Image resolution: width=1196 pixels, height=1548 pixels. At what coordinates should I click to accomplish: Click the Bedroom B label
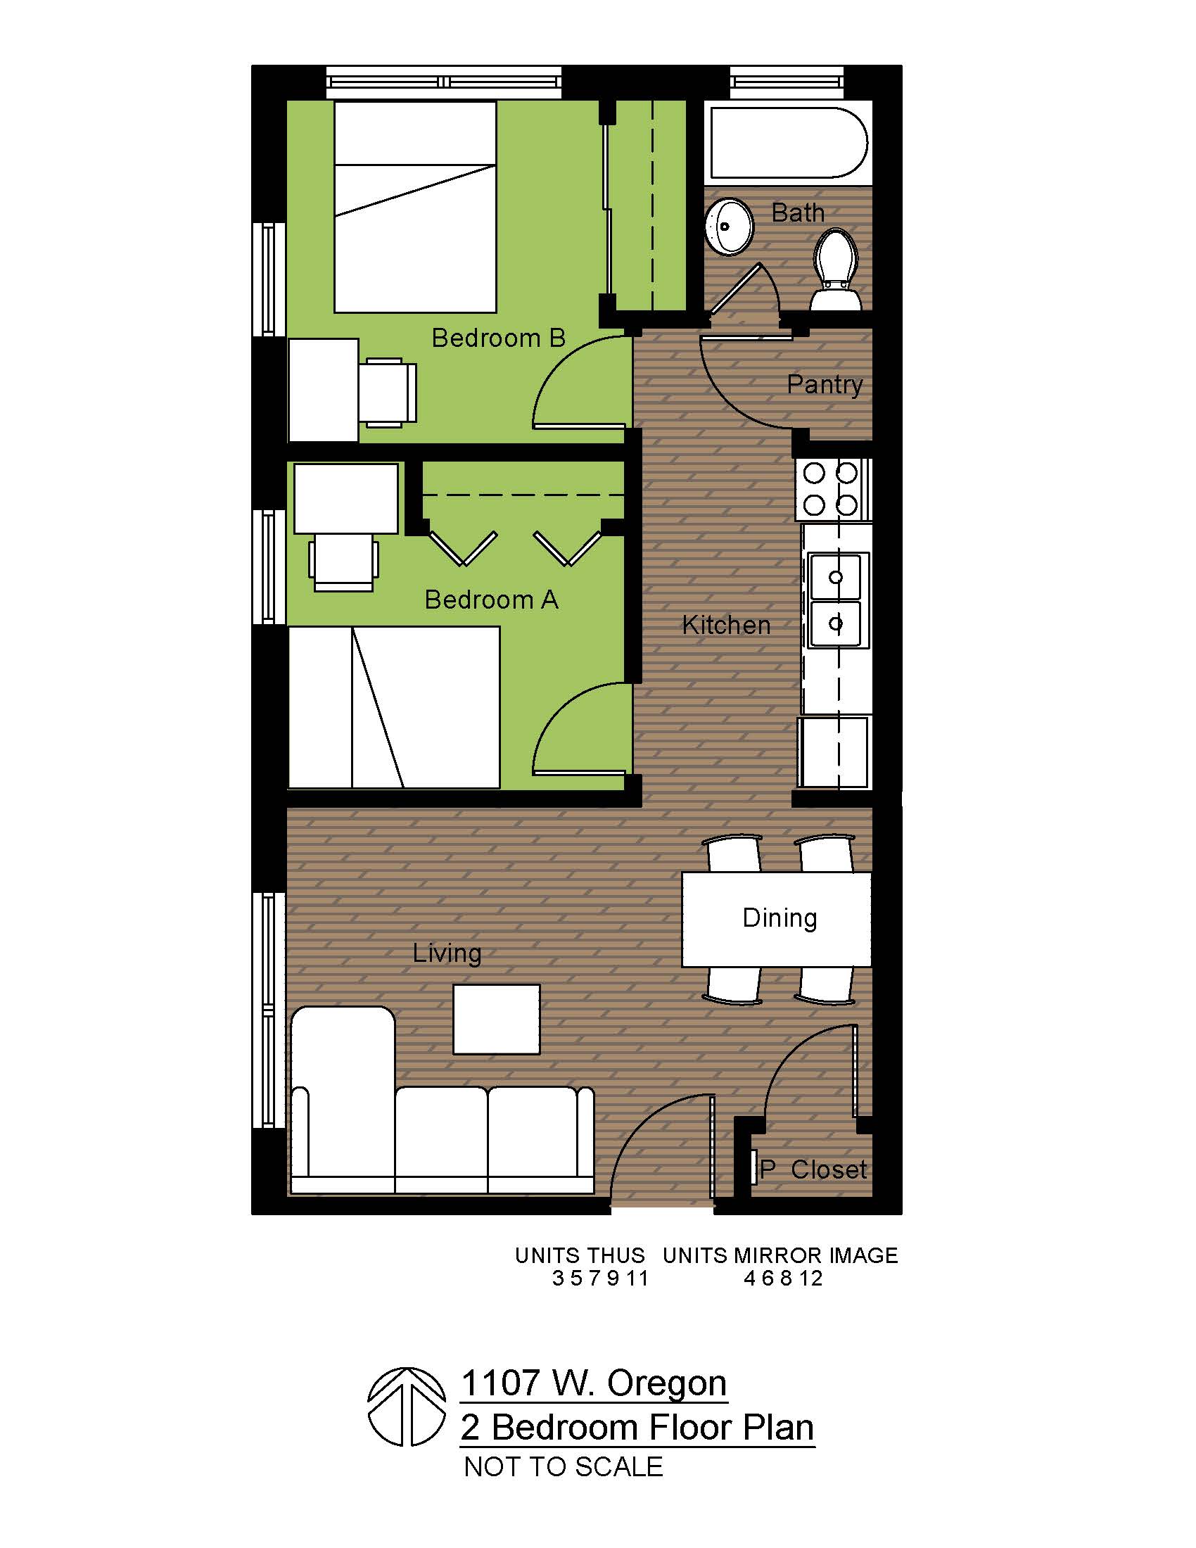tap(498, 338)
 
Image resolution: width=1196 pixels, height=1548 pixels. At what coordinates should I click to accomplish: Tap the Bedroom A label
tap(491, 599)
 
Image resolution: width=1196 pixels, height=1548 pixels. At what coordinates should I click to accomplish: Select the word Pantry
tap(825, 385)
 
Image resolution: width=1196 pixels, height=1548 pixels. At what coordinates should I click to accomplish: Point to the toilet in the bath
tap(835, 270)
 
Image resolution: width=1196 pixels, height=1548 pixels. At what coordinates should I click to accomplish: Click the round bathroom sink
tap(729, 227)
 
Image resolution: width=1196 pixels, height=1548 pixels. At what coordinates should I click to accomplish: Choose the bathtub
tap(789, 142)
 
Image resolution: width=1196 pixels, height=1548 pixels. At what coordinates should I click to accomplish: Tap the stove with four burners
tap(833, 489)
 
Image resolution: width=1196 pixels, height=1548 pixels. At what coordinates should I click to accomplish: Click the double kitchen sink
tap(836, 601)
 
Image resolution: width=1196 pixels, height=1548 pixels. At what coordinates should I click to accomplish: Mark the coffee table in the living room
tap(496, 1020)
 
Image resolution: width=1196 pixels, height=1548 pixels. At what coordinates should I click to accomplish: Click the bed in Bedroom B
tap(415, 207)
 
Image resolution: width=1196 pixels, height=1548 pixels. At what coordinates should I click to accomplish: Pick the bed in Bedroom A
tap(394, 707)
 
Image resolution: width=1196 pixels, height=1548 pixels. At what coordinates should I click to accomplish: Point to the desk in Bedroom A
tap(345, 498)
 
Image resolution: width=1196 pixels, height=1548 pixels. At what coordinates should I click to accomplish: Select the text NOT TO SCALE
tap(564, 1466)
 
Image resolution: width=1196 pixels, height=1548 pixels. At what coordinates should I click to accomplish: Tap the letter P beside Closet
tap(767, 1169)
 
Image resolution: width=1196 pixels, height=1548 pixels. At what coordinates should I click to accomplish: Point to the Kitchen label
tap(726, 625)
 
